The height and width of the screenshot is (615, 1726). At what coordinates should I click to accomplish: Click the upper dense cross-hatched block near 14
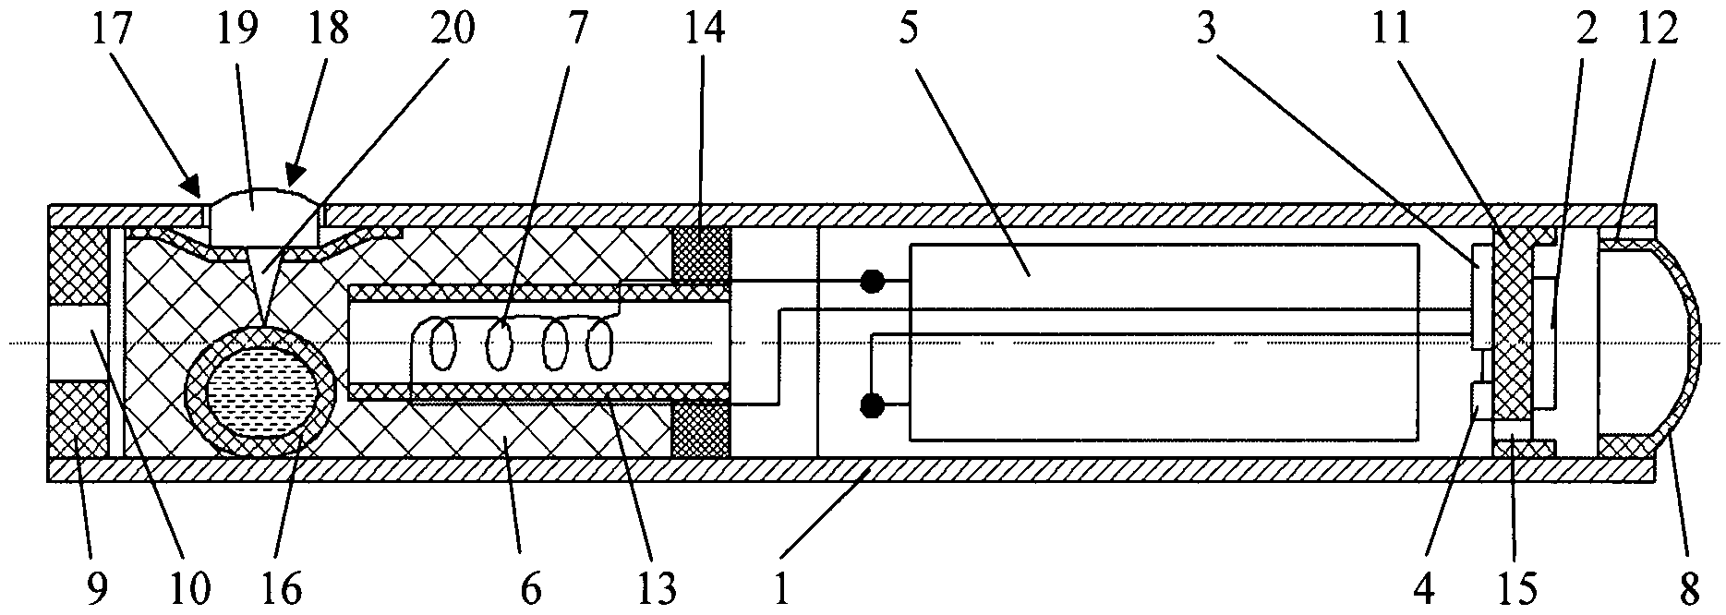click(x=701, y=253)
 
